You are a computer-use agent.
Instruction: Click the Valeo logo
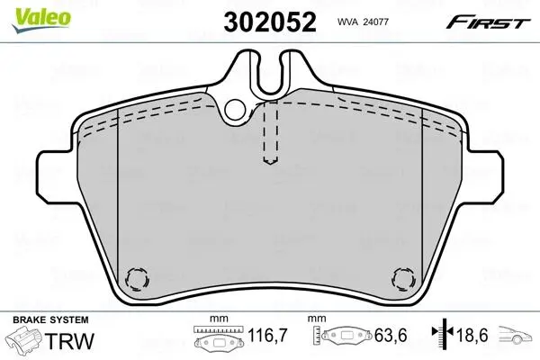click(41, 20)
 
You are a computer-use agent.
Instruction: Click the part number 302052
click(270, 22)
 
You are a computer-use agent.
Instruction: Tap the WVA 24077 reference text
click(363, 22)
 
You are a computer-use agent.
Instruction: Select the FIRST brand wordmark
click(488, 22)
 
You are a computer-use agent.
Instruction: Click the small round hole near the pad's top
click(236, 109)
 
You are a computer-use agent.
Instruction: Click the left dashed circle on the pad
click(138, 278)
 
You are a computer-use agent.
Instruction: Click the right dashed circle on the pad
click(403, 278)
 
